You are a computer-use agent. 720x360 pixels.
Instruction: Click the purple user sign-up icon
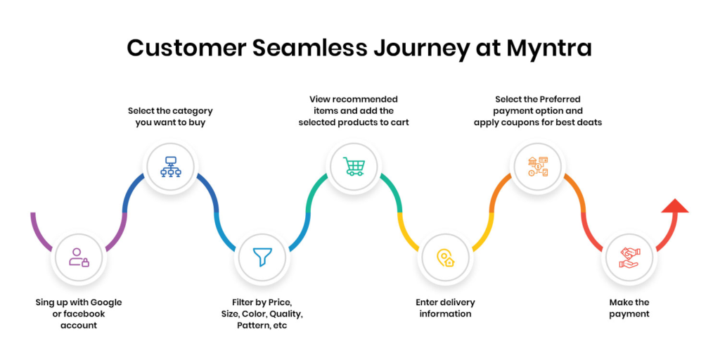(x=79, y=257)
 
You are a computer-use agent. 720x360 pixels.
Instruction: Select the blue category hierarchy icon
(x=169, y=167)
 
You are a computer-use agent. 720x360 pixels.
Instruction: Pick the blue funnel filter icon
(x=262, y=257)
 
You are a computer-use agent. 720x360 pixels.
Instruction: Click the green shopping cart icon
(x=354, y=167)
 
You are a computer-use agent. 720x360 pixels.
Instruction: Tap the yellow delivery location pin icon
(x=444, y=257)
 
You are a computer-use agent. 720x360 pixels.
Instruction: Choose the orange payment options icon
(x=538, y=167)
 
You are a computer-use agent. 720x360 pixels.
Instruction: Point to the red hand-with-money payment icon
(x=629, y=257)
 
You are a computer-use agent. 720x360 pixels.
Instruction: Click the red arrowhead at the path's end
(x=675, y=206)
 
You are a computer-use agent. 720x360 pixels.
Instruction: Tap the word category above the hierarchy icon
(x=191, y=110)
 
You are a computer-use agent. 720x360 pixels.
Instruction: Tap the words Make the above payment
(x=629, y=302)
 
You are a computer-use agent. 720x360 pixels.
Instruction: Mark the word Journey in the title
(x=424, y=48)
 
